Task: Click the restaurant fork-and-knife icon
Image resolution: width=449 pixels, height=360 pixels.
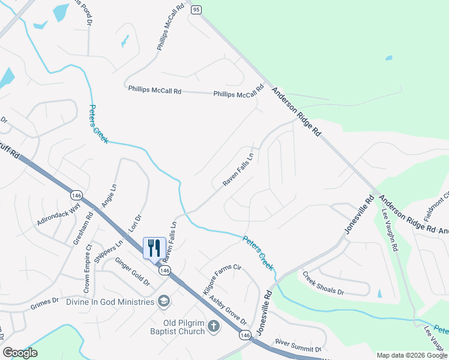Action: (x=153, y=247)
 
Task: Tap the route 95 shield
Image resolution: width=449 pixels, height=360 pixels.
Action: (x=196, y=10)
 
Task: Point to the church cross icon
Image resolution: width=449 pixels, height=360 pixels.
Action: (x=214, y=327)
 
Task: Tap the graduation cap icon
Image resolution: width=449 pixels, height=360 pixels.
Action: (x=163, y=301)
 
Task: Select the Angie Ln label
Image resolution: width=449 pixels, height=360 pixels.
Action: (x=108, y=195)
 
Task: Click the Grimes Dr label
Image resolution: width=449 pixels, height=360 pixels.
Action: (x=46, y=306)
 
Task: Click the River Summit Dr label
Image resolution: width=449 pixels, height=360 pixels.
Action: (x=298, y=346)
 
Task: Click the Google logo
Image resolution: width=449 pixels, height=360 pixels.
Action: (x=20, y=353)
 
